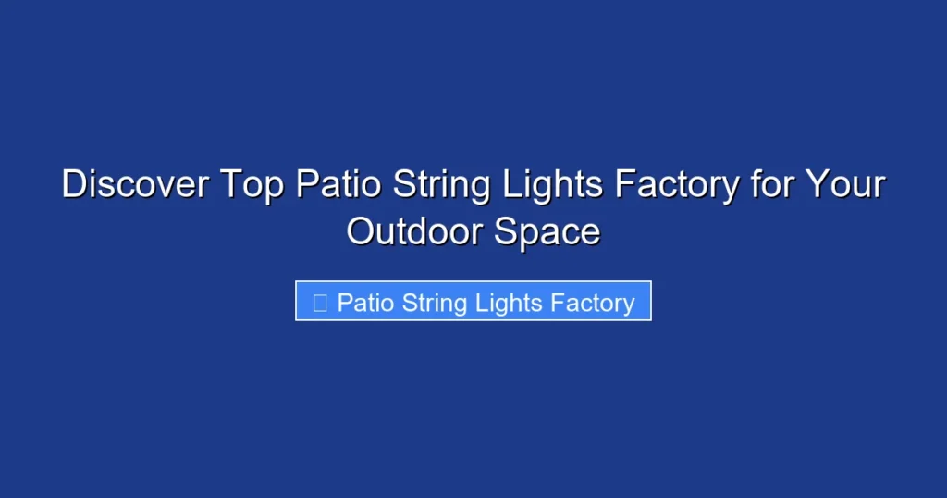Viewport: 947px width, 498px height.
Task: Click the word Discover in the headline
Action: coord(135,185)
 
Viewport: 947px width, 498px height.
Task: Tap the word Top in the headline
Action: coord(252,185)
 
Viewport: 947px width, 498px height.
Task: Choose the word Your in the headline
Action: coord(844,185)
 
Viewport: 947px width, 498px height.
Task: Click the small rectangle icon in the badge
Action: coord(320,303)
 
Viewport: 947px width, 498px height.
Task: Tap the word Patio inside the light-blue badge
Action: coord(366,303)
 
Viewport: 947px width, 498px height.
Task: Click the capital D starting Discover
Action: coord(73,185)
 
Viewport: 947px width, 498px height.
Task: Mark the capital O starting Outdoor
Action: coord(360,231)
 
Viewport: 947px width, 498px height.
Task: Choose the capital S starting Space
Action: coord(505,231)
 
